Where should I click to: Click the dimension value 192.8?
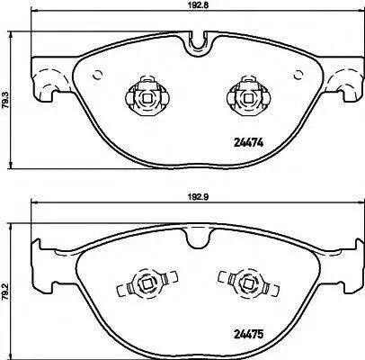tap(195, 5)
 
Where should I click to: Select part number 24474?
tap(248, 143)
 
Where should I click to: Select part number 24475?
tap(248, 334)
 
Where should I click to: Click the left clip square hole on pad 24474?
tap(147, 98)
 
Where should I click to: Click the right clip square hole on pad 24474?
tap(247, 98)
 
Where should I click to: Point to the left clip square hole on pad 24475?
tap(147, 283)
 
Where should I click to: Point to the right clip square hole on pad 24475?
tap(247, 283)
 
